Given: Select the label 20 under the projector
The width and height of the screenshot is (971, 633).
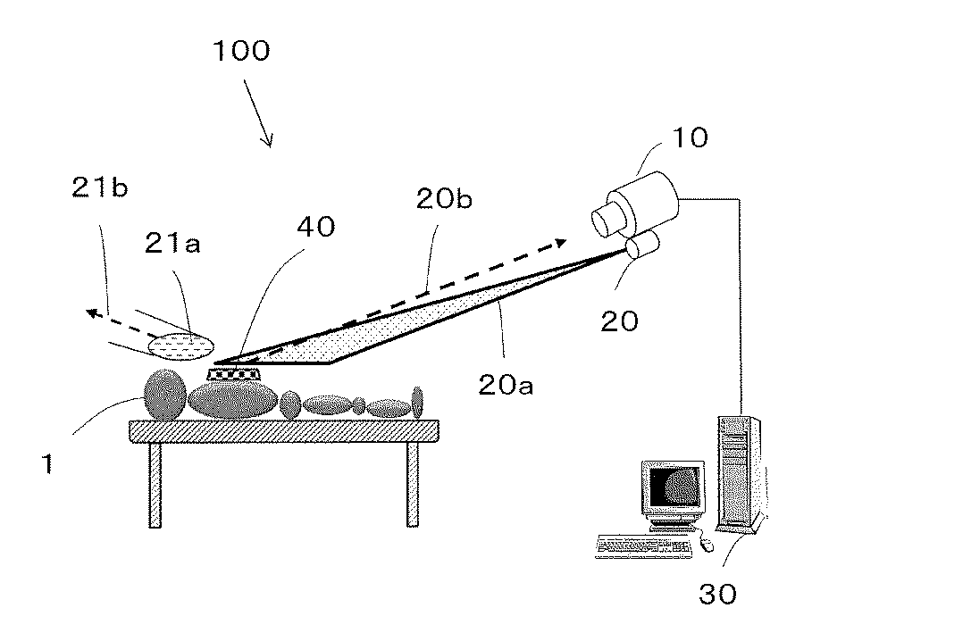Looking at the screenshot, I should (619, 319).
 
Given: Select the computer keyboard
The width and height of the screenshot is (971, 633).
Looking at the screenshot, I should (643, 545).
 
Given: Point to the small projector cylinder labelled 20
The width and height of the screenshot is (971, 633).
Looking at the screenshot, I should (641, 246).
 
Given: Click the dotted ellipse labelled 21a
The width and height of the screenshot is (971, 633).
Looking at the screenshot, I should (182, 344).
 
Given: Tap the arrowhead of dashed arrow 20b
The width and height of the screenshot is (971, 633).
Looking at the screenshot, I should (559, 241).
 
